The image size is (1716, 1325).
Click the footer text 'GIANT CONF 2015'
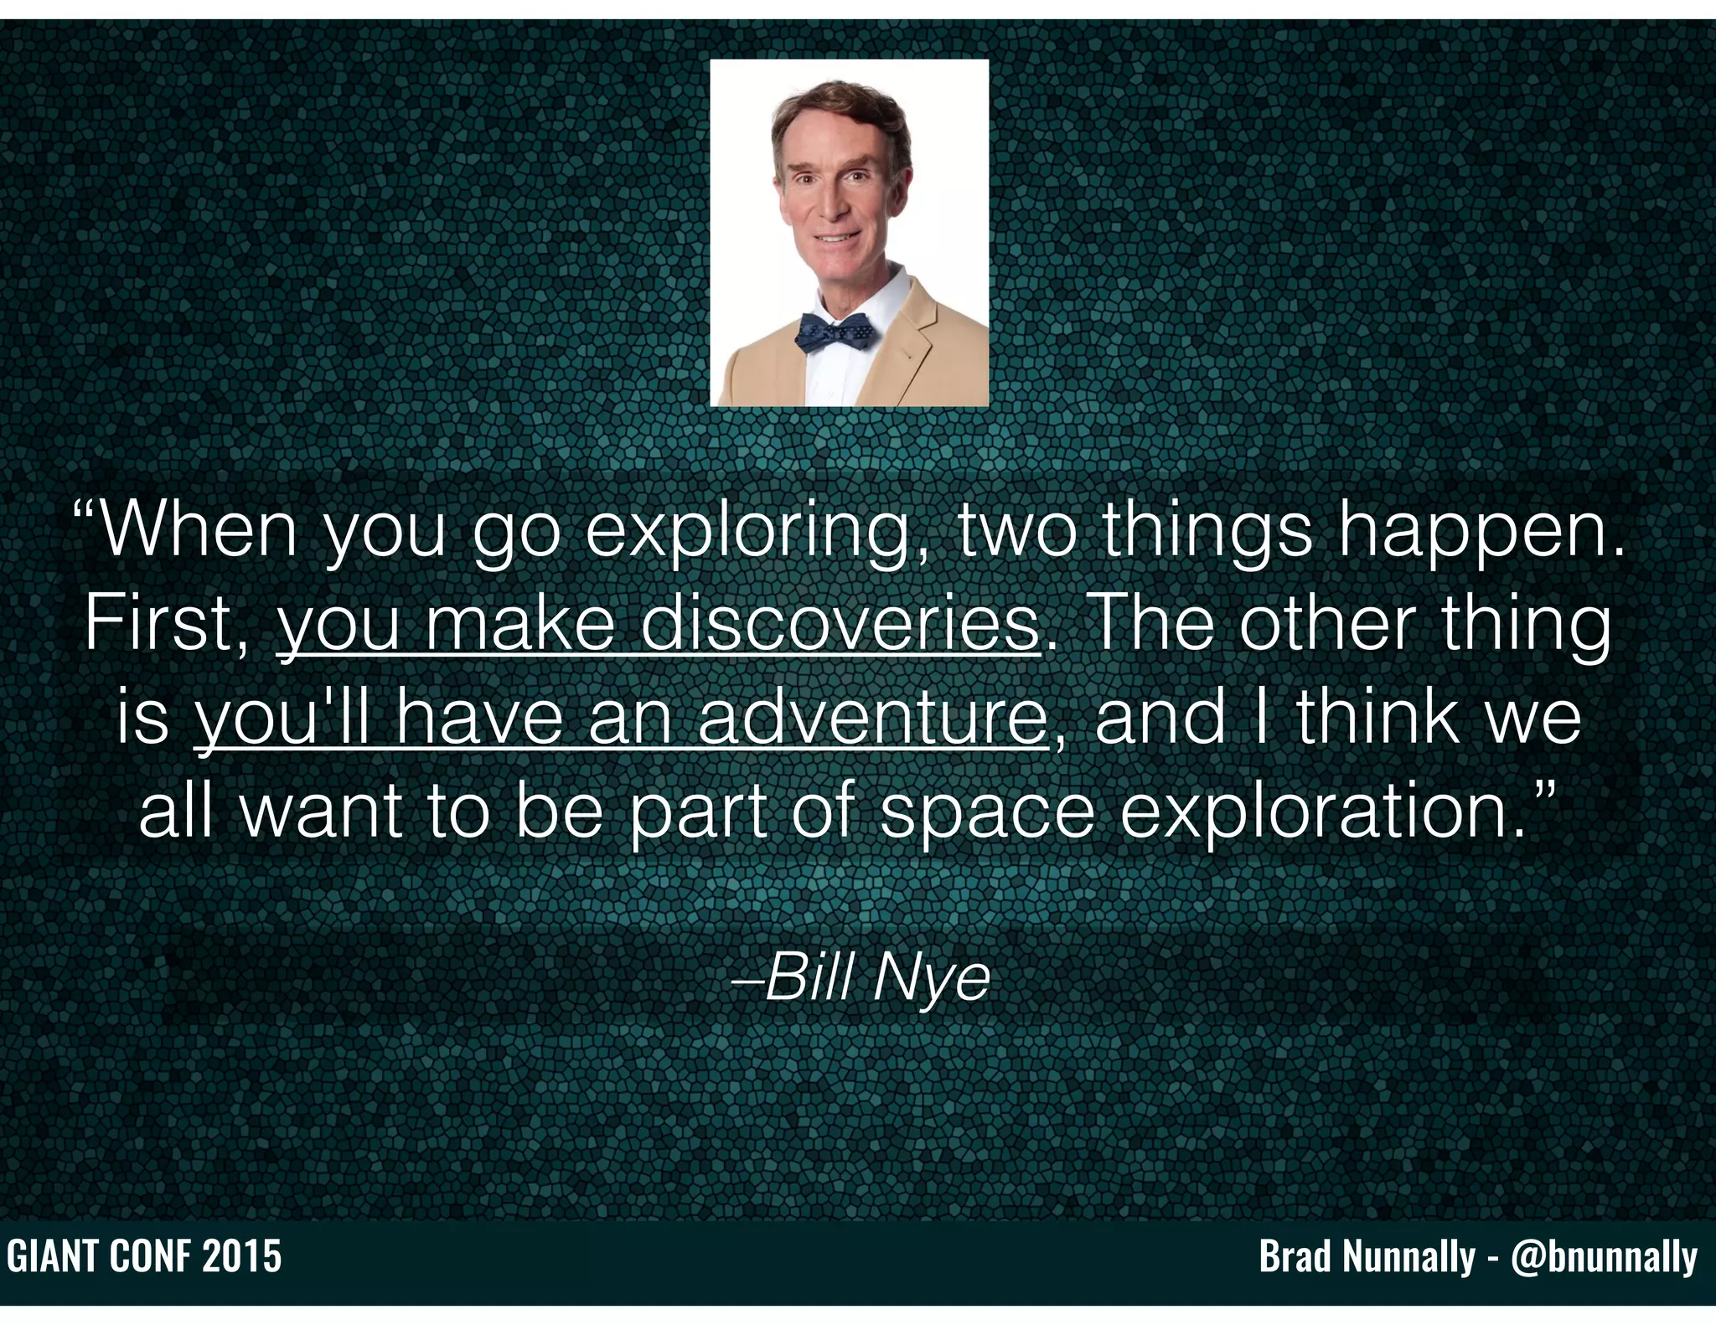144,1257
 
